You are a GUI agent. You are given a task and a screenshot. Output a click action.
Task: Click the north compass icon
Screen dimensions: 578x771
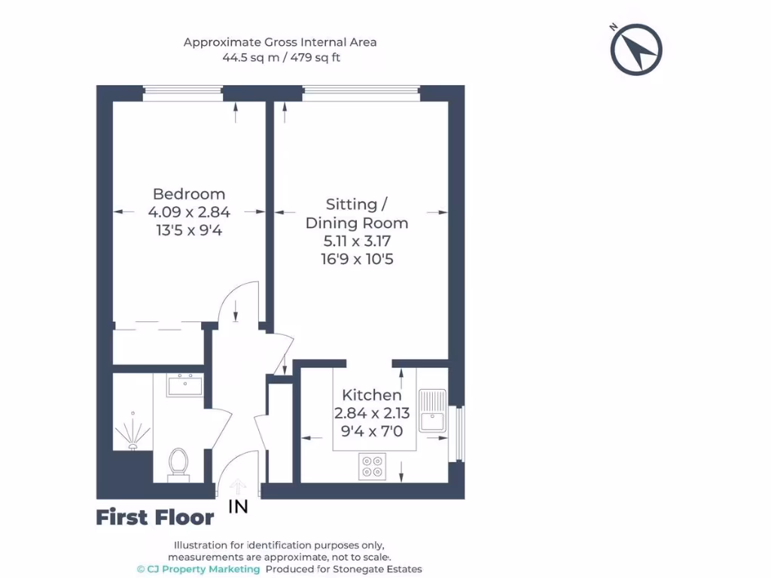coord(636,50)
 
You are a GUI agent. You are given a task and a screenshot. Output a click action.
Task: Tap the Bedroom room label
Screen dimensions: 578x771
coord(189,194)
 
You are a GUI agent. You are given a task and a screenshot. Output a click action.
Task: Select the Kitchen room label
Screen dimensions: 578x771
coord(372,395)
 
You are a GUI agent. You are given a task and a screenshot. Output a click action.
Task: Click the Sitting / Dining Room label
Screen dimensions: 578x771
coord(357,214)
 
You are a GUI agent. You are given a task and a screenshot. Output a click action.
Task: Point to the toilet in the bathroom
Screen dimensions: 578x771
coord(178,461)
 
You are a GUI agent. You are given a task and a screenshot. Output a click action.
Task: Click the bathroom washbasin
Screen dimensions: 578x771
coord(184,385)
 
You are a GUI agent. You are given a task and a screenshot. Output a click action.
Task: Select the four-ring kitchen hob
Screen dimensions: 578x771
coord(373,466)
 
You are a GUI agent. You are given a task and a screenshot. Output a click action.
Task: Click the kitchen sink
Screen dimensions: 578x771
coord(433,411)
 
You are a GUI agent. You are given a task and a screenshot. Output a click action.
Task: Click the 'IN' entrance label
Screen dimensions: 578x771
coord(238,507)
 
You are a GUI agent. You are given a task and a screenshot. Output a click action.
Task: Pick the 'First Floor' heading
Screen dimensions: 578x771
coord(154,518)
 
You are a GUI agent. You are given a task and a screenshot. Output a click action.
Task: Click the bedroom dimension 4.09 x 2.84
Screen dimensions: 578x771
coord(189,212)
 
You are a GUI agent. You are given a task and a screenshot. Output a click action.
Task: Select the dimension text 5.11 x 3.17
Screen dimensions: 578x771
coord(357,242)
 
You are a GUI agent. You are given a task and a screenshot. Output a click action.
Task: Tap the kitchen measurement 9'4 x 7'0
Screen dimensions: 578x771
coord(372,432)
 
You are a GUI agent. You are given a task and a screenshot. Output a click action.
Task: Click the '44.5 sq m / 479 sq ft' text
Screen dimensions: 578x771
coord(280,57)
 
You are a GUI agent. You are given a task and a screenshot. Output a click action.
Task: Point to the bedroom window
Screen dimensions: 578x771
coord(183,93)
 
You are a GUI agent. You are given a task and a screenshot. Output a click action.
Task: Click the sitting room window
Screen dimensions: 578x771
coord(361,93)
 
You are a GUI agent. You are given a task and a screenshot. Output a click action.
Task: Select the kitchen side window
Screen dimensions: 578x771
coord(456,433)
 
